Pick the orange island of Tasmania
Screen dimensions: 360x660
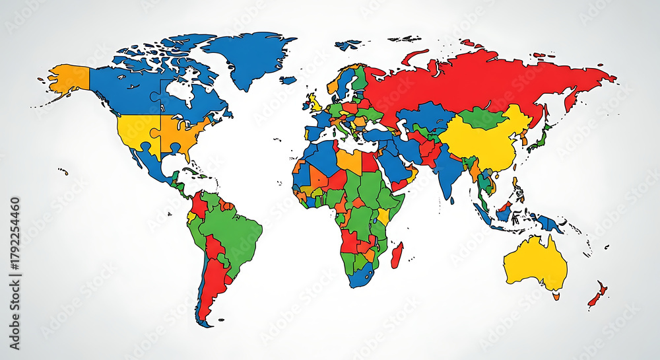(x=556, y=297)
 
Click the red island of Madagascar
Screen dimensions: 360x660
(x=397, y=255)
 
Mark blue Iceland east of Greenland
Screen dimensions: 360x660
(x=288, y=80)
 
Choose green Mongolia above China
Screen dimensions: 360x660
(x=482, y=118)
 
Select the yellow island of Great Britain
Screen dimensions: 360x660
(x=315, y=103)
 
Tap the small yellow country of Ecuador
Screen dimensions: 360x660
(x=191, y=216)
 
